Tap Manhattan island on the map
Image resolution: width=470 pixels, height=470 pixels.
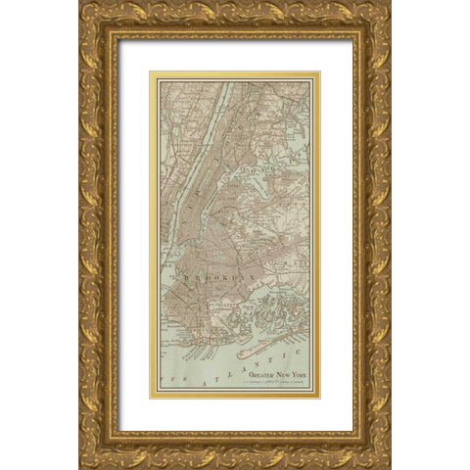coord(204,166)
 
